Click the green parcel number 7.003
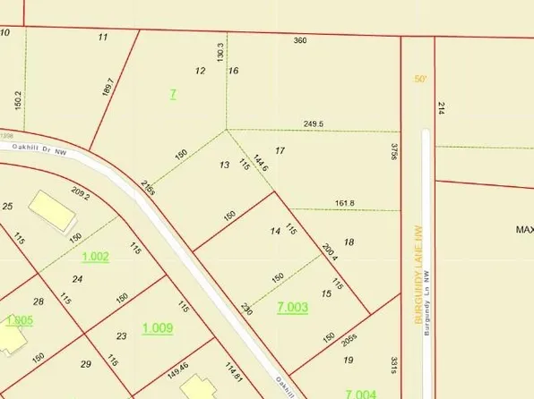[x=293, y=308]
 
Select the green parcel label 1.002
[x=95, y=257]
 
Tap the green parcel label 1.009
[x=158, y=328]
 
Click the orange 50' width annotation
[x=421, y=79]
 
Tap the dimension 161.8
[x=344, y=203]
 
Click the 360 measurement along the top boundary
[x=300, y=40]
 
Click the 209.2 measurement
[x=81, y=196]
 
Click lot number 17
[x=280, y=150]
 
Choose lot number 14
[x=275, y=232]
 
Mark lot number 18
[x=349, y=242]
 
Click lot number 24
[x=77, y=279]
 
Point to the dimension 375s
[x=393, y=153]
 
